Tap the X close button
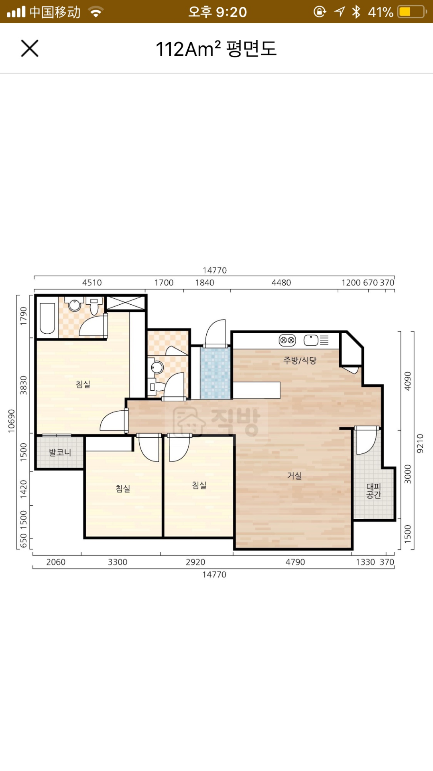point(30,49)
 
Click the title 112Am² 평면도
point(216,49)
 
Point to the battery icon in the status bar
point(412,12)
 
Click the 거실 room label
point(294,476)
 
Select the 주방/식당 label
point(300,360)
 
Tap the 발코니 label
point(60,453)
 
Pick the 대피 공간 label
point(374,491)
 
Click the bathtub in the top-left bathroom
point(47,318)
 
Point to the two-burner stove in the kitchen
point(287,340)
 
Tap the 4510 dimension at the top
point(92,283)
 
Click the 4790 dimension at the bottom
point(295,562)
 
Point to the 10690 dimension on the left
point(11,421)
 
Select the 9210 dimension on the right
point(420,443)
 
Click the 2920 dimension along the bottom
point(195,562)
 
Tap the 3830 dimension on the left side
point(24,385)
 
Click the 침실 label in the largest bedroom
point(83,384)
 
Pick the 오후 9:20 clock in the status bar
point(218,12)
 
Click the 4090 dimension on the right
point(408,381)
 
